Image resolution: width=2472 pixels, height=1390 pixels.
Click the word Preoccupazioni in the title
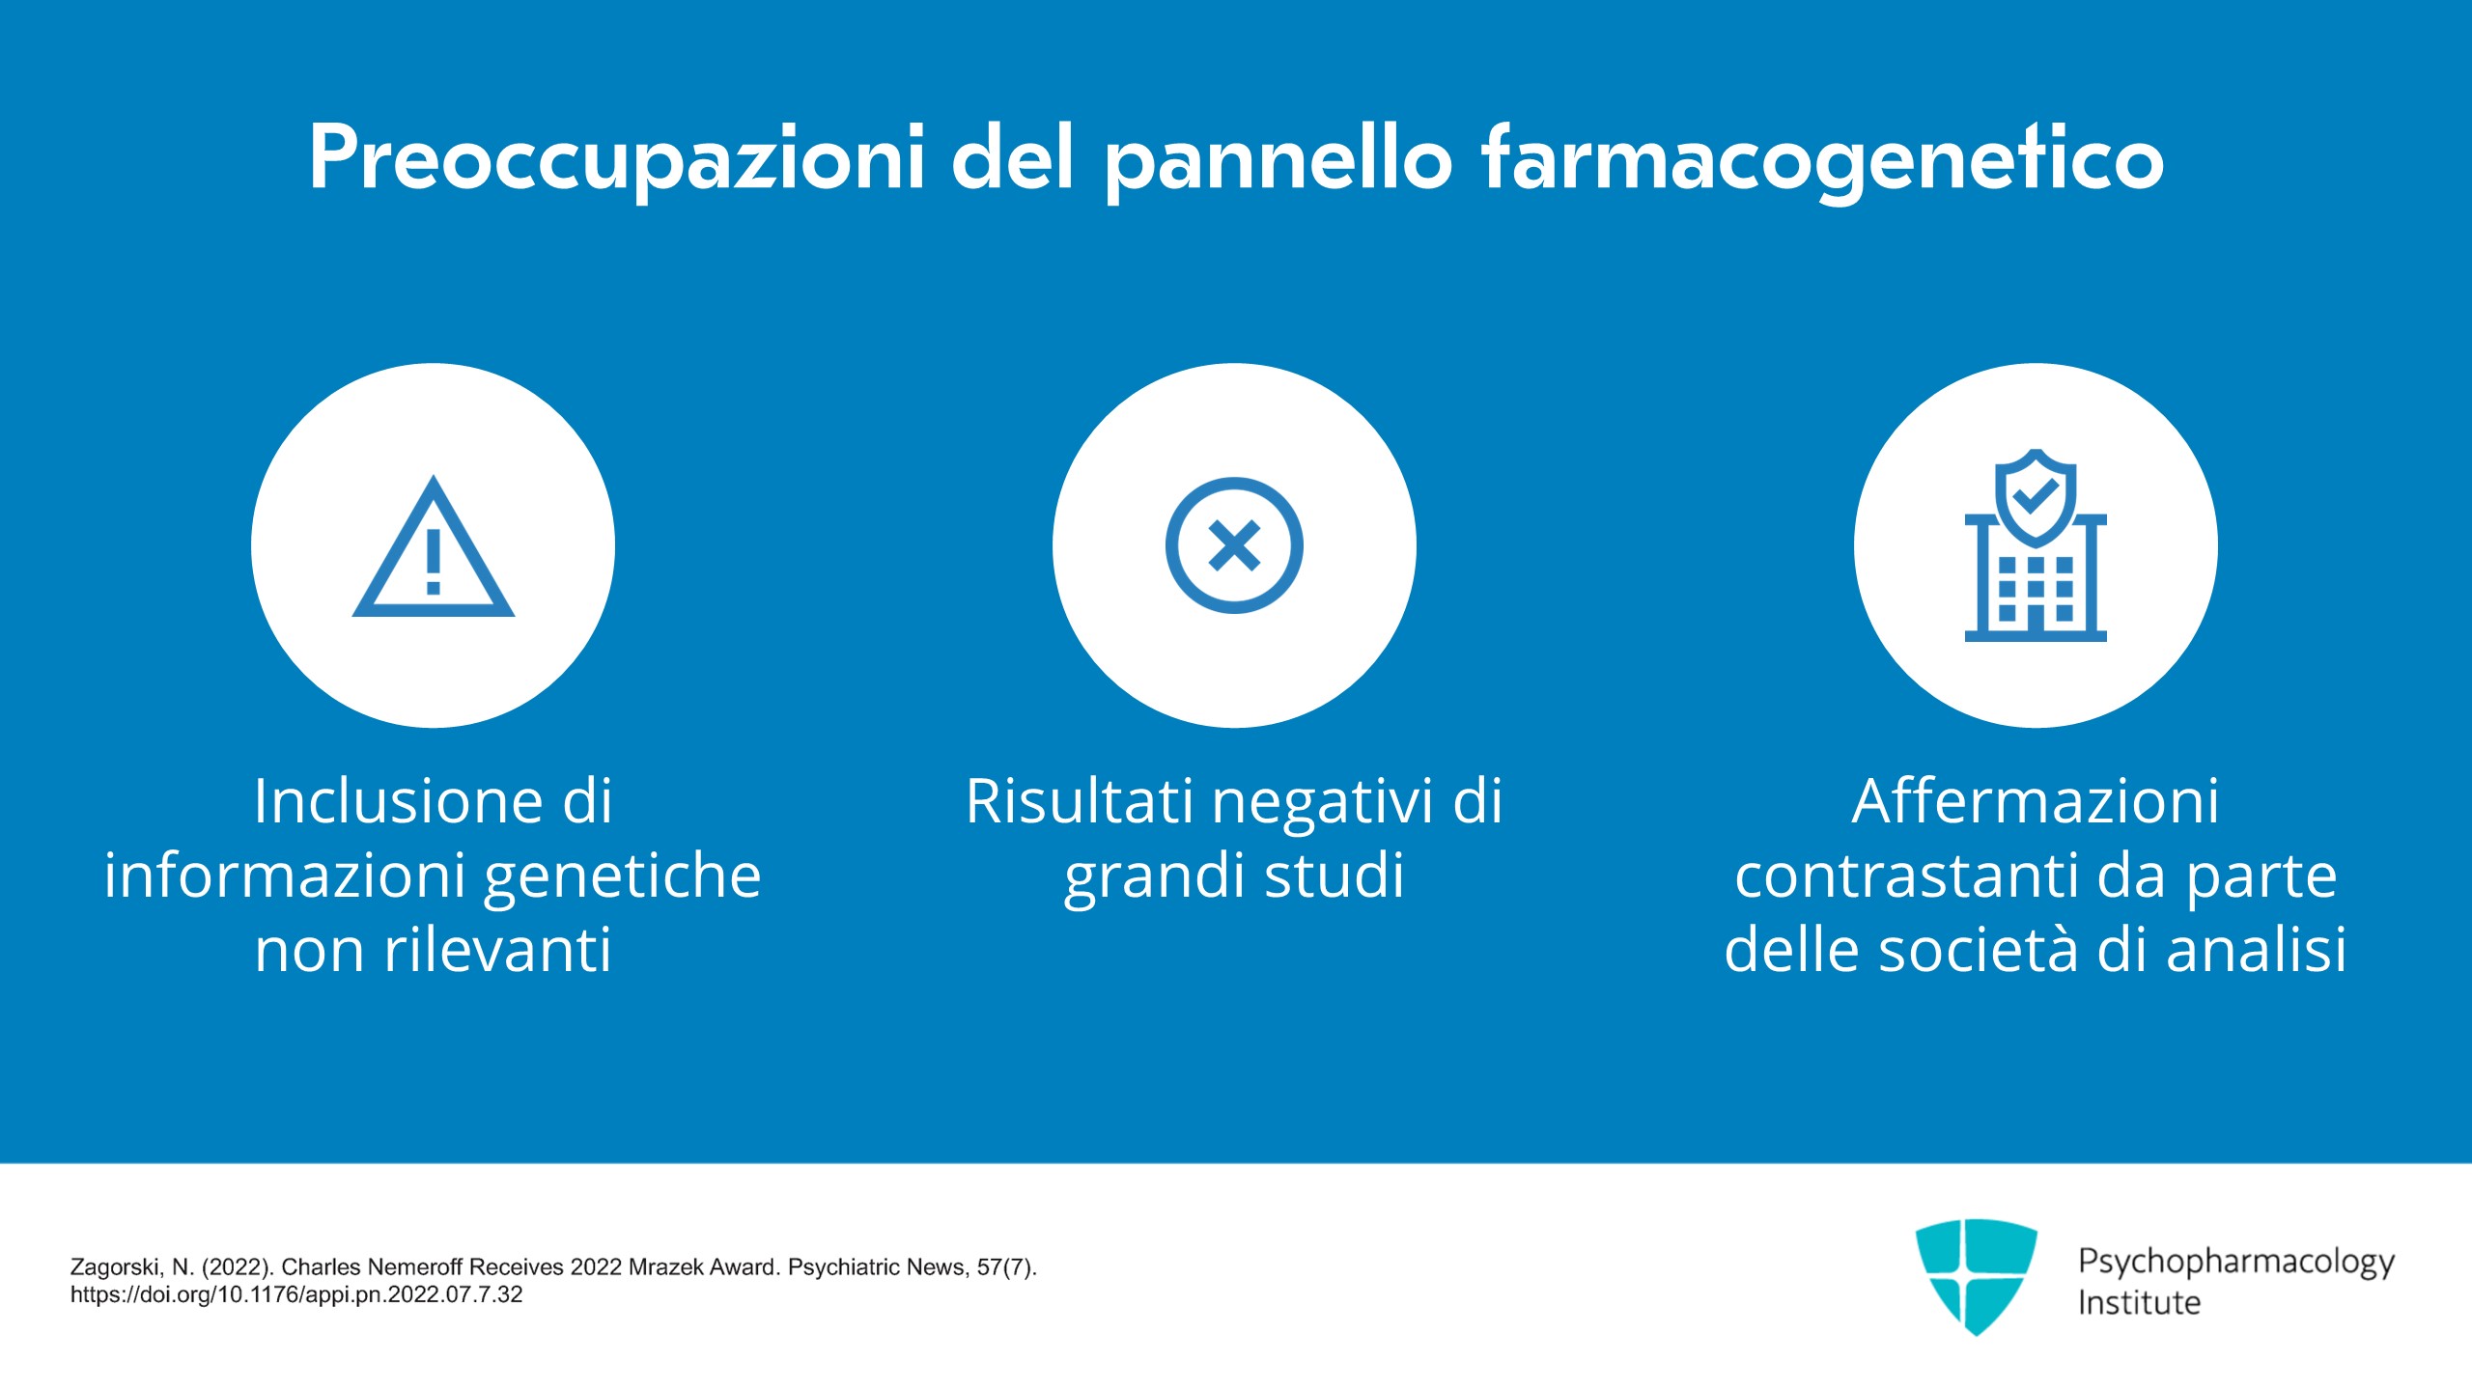[617, 158]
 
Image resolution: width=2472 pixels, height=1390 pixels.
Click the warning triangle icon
[434, 546]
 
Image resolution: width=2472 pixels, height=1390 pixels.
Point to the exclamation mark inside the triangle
[434, 561]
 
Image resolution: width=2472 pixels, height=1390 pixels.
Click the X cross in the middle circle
[1234, 545]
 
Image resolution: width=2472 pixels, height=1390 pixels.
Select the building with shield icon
[2036, 545]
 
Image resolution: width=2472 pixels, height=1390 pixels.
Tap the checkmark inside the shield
[2036, 496]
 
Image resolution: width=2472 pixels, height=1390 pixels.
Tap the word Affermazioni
[2036, 801]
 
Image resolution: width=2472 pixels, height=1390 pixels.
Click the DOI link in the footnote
[296, 1294]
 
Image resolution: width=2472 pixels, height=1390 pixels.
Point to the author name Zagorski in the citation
[116, 1267]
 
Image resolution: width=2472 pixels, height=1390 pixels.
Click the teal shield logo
[1976, 1276]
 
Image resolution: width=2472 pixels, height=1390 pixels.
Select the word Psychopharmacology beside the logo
[2235, 1262]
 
